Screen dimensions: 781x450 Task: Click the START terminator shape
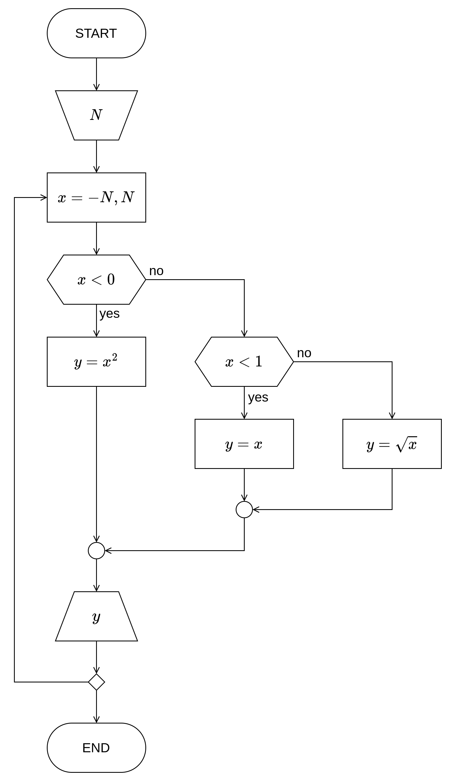click(x=96, y=33)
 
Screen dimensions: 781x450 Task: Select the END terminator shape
click(x=96, y=748)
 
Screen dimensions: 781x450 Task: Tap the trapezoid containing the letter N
click(x=96, y=115)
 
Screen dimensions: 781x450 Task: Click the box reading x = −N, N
click(x=96, y=197)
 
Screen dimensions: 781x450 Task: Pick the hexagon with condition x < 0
click(x=96, y=279)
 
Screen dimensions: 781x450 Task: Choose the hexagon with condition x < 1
click(x=244, y=362)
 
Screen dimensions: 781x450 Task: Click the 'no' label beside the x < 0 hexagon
click(x=156, y=271)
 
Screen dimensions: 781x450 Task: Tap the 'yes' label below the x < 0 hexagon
click(x=109, y=313)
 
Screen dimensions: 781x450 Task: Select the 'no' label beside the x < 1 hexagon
click(x=304, y=353)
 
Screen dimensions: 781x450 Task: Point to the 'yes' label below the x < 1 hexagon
click(x=258, y=397)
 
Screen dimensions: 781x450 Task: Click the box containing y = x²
click(x=96, y=362)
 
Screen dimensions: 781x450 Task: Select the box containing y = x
click(x=244, y=444)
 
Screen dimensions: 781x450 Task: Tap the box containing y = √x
click(x=392, y=444)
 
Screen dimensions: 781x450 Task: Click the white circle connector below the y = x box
click(x=244, y=510)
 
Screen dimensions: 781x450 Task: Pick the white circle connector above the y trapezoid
click(x=96, y=551)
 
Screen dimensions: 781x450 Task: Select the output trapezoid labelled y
click(x=96, y=616)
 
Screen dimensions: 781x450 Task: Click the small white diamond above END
click(x=96, y=682)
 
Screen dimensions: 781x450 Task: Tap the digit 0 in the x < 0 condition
click(x=111, y=279)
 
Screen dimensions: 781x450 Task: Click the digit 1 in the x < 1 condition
click(x=259, y=361)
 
